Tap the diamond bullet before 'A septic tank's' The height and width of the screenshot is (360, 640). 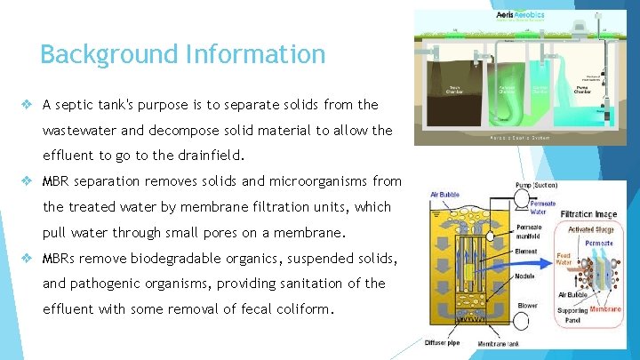tap(28, 104)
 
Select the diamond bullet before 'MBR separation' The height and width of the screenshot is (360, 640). tap(28, 181)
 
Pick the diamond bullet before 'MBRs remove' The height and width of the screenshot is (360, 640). tap(28, 259)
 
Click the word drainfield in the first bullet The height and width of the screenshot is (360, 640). tap(207, 155)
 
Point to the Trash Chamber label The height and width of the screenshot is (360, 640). tap(455, 90)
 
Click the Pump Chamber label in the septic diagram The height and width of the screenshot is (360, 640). tap(581, 90)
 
